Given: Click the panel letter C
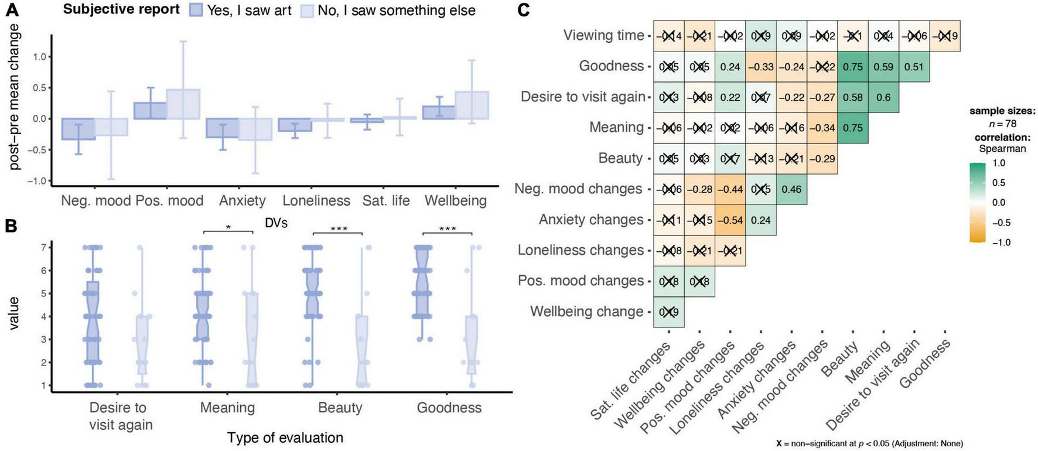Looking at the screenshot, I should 523,10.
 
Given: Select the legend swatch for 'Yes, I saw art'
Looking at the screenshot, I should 196,10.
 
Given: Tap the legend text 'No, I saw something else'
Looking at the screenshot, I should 396,11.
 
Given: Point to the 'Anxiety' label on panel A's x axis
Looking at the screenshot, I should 242,200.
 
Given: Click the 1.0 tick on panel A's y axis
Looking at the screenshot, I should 39,57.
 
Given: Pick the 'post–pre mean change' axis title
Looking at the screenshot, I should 13,97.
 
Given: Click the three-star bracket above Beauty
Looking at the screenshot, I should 338,231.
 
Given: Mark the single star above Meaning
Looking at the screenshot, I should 228,228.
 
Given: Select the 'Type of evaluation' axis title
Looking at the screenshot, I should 285,438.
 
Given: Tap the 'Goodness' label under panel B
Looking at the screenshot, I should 449,408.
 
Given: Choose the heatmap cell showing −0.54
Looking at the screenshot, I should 730,220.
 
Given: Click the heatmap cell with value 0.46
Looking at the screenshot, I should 791,190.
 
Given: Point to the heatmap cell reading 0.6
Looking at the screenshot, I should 883,98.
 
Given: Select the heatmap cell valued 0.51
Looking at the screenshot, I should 914,67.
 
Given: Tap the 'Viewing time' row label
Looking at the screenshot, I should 603,35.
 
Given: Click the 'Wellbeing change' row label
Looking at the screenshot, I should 586,311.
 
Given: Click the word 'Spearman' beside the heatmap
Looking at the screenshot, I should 1002,149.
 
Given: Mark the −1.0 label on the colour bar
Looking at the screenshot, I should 1001,242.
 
